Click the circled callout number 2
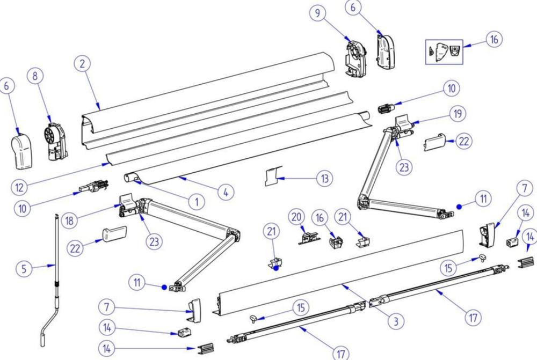(82, 64)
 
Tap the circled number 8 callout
(35, 76)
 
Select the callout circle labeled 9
(318, 13)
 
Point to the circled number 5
(24, 269)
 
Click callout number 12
(19, 187)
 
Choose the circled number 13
(324, 178)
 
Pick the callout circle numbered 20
(296, 217)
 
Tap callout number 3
(396, 321)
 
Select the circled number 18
(69, 221)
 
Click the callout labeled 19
(458, 114)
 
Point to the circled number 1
(197, 202)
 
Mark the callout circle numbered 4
(226, 192)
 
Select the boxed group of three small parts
(444, 52)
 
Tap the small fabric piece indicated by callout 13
(273, 176)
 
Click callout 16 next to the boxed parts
(494, 39)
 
